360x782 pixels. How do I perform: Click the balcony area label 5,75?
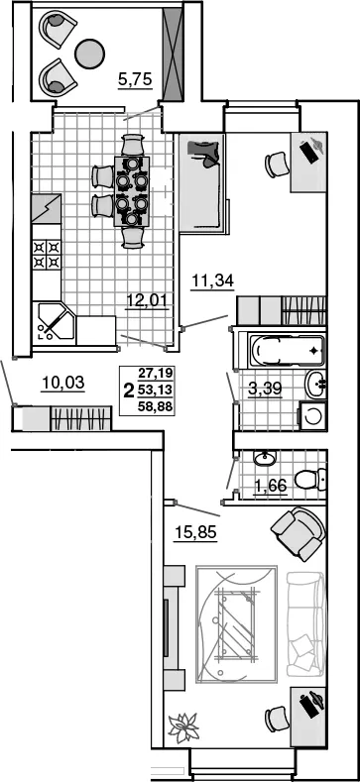(x=135, y=80)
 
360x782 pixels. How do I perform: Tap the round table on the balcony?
(x=90, y=54)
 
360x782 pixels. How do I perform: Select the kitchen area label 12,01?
(x=146, y=300)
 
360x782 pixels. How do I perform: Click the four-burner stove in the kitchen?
(x=47, y=255)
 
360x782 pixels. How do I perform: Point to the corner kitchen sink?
(x=54, y=322)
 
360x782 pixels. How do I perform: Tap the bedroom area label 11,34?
(x=212, y=281)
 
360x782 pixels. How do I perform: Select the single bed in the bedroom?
(x=201, y=182)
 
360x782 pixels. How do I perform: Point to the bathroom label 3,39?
(x=265, y=389)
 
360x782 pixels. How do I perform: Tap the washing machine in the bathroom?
(x=312, y=416)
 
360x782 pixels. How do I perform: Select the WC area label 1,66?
(x=270, y=485)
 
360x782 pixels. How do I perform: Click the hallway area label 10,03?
(x=62, y=384)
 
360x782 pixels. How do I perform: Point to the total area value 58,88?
(x=156, y=407)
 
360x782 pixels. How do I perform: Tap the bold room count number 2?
(x=129, y=390)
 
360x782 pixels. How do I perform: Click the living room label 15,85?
(x=195, y=533)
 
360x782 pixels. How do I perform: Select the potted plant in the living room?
(x=183, y=728)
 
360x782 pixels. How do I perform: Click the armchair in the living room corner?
(x=299, y=533)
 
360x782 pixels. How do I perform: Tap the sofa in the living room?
(x=305, y=623)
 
